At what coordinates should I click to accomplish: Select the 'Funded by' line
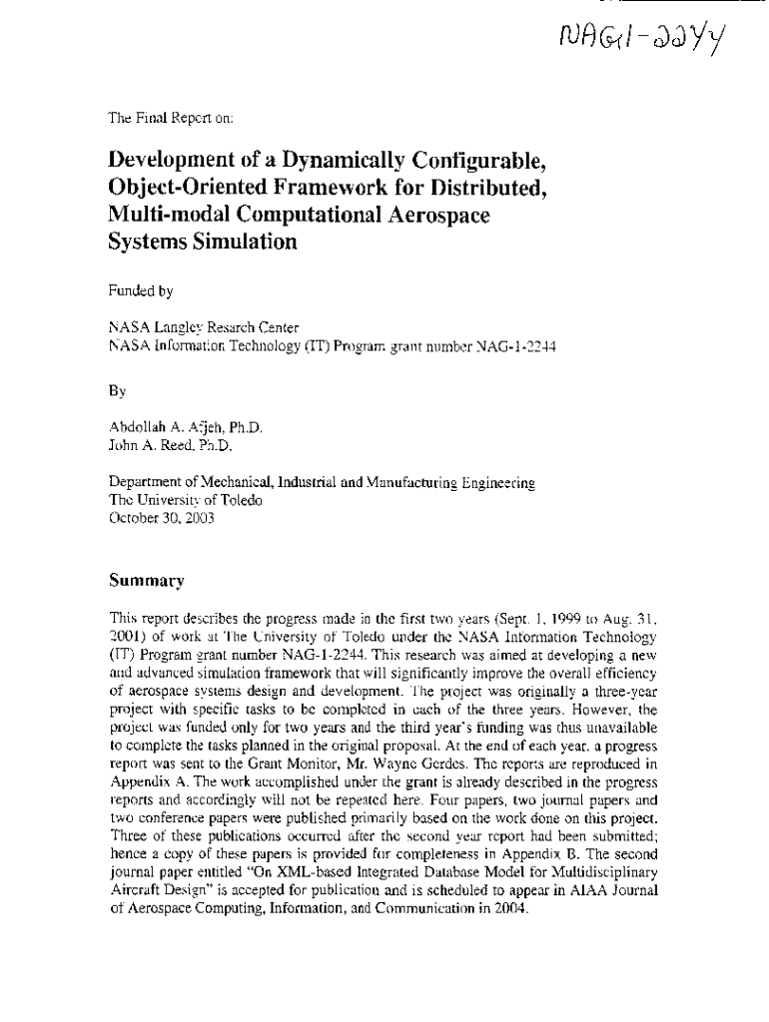point(141,291)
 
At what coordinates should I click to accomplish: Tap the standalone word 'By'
point(117,378)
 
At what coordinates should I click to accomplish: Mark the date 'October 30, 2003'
point(161,517)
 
